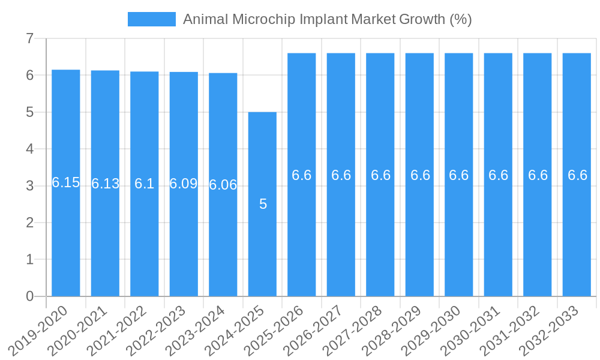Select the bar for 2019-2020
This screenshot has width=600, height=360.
click(x=66, y=240)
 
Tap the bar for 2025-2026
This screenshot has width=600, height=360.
click(x=302, y=240)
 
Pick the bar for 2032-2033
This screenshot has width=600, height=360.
click(x=577, y=240)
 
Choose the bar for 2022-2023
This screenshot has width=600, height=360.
click(x=184, y=240)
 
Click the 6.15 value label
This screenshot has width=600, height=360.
click(x=66, y=183)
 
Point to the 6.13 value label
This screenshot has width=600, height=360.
click(x=105, y=184)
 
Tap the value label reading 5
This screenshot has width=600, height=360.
click(x=263, y=205)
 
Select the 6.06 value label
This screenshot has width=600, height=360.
click(x=223, y=185)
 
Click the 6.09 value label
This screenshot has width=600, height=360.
click(x=184, y=184)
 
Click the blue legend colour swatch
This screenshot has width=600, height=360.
click(x=151, y=19)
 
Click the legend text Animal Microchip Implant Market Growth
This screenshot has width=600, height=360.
click(x=327, y=19)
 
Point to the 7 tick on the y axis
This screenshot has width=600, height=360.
click(x=29, y=39)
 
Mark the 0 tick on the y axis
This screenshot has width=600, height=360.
click(x=29, y=296)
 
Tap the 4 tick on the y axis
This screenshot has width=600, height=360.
click(x=29, y=149)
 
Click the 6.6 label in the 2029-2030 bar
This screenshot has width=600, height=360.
click(x=459, y=175)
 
